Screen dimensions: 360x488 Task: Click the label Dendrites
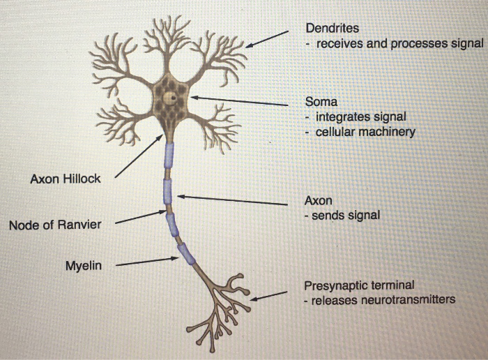click(x=333, y=28)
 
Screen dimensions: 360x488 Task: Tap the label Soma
click(x=321, y=101)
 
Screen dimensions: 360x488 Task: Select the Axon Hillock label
click(x=66, y=179)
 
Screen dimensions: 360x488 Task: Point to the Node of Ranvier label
click(x=55, y=225)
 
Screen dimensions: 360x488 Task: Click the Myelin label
click(x=84, y=265)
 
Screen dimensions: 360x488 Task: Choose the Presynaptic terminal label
click(x=359, y=285)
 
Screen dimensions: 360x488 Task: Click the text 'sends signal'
click(x=346, y=216)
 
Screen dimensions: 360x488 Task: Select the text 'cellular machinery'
click(x=365, y=131)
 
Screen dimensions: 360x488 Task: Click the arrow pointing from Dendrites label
click(x=267, y=39)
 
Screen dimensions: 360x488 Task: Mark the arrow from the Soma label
click(x=238, y=101)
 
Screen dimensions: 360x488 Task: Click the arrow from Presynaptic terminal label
click(x=269, y=297)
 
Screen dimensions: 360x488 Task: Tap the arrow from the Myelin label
click(x=146, y=262)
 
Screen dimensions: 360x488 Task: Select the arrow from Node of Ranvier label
click(x=141, y=218)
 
